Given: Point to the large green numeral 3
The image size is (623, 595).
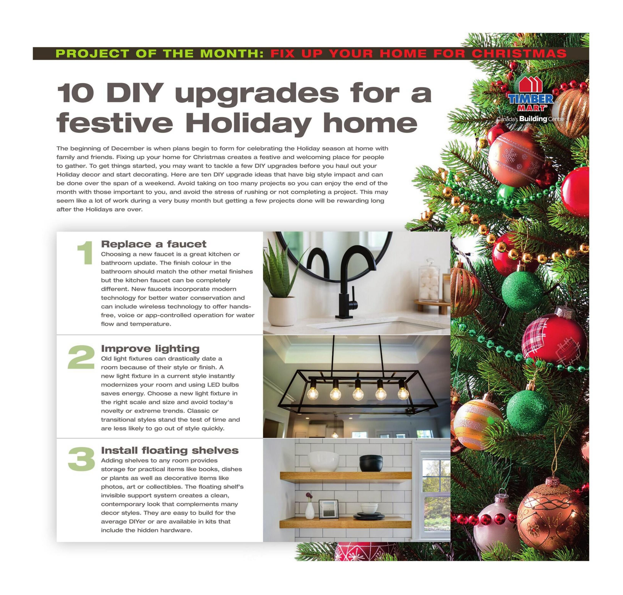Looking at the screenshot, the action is [81, 459].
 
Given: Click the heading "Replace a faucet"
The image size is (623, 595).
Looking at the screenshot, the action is [154, 244].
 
